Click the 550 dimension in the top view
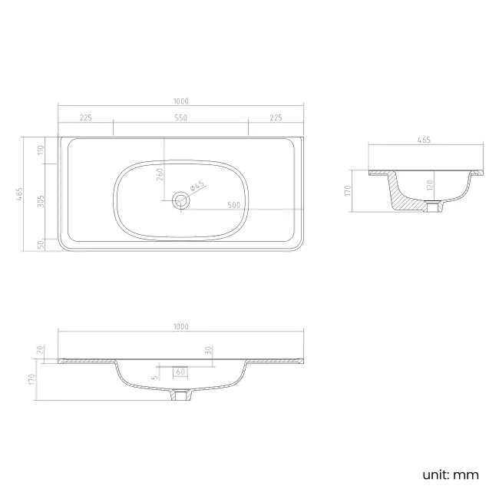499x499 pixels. [x=180, y=117]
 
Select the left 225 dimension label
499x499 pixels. [x=86, y=117]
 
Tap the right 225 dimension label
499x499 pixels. [x=276, y=117]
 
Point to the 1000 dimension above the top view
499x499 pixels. [x=180, y=101]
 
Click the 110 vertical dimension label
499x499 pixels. [x=41, y=150]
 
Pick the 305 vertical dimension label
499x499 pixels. [x=41, y=201]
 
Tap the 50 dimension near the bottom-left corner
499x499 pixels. [x=41, y=244]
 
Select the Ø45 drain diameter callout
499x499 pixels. [x=197, y=186]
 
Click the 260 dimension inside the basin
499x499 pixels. [x=160, y=174]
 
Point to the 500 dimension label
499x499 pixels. [x=234, y=205]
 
